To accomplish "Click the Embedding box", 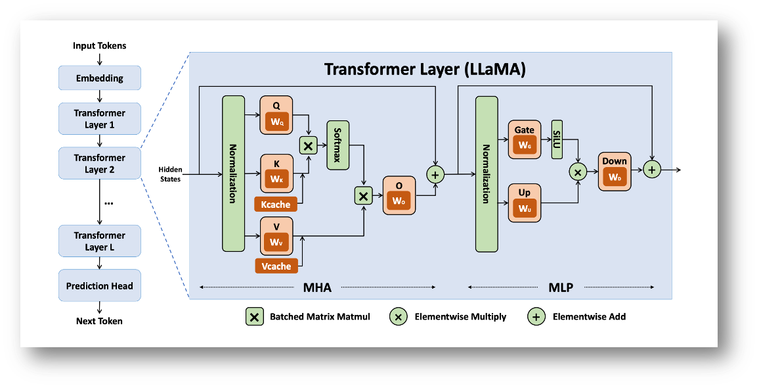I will coord(100,78).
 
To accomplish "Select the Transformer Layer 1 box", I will coord(100,119).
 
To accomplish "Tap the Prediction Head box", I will coord(100,286).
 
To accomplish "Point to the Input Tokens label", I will coord(100,46).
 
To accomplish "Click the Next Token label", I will coord(100,321).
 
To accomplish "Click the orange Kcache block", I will coord(275,205).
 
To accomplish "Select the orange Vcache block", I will coord(276,266).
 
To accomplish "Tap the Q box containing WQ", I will coord(276,116).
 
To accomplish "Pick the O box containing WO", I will coord(399,195).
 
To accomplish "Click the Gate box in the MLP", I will coord(525,139).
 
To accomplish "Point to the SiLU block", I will coord(557,139).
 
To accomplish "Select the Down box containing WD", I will coord(615,171).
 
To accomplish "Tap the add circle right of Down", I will coord(651,170).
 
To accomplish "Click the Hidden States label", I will coord(169,174).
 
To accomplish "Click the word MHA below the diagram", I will coord(317,287).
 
